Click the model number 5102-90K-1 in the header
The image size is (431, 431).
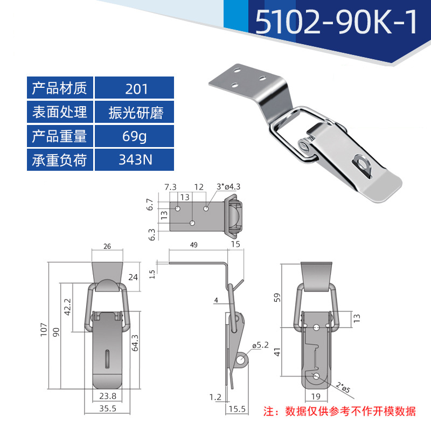[336, 23]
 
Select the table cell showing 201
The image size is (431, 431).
[134, 88]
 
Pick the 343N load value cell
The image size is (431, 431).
[134, 160]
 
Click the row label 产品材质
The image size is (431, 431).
[60, 88]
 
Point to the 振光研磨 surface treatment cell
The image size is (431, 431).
[134, 112]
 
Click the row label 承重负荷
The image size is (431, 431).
[60, 160]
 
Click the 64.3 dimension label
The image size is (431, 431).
[135, 344]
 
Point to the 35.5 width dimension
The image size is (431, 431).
[108, 409]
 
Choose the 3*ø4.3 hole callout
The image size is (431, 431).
[228, 187]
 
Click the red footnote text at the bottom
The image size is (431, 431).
[339, 412]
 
